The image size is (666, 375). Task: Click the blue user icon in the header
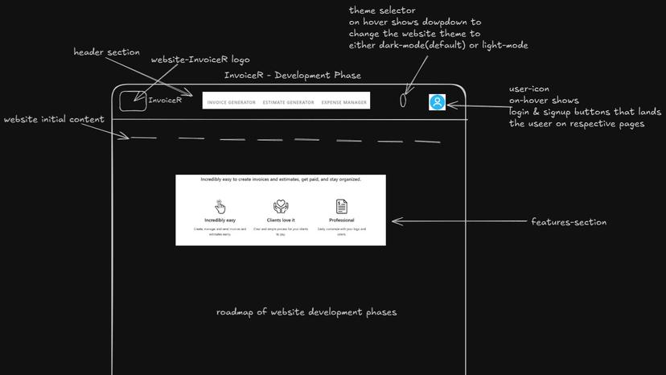[x=437, y=102]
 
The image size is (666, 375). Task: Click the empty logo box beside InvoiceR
[x=133, y=101]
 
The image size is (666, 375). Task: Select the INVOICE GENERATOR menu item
[x=232, y=102]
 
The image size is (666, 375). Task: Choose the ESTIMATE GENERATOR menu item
[x=288, y=102]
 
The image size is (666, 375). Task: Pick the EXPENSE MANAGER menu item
[x=343, y=102]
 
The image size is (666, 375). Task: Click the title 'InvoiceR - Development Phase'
[x=293, y=76]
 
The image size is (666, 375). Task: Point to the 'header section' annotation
[x=106, y=52]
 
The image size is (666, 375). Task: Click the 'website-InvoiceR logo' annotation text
[x=200, y=60]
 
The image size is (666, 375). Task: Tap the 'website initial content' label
[x=54, y=120]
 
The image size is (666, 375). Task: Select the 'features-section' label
[x=569, y=222]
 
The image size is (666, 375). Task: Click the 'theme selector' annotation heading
[x=382, y=10]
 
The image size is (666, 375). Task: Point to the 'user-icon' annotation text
[x=529, y=89]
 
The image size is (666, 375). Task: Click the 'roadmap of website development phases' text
[x=306, y=312]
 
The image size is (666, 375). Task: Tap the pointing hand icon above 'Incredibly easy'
[x=220, y=207]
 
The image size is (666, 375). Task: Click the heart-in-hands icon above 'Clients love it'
[x=281, y=207]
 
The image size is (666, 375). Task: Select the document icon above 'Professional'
[x=341, y=207]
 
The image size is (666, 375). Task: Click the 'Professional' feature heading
[x=341, y=220]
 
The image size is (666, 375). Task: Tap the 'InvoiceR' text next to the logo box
[x=165, y=101]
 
